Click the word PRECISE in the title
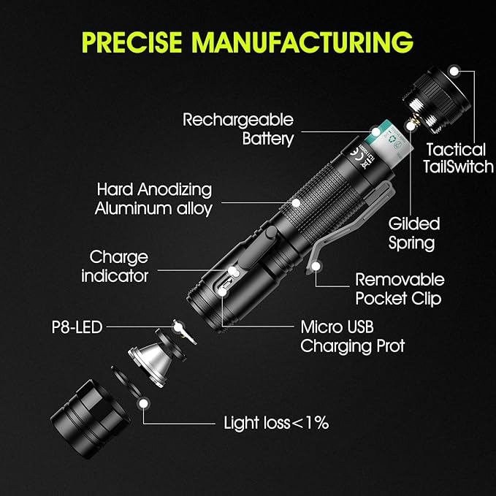131,42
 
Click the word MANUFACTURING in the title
302,42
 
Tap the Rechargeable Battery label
239,129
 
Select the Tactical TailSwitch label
458,159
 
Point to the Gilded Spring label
413,234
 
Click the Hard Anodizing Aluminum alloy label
153,199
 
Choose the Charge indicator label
115,267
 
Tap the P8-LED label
77,327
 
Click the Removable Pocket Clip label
400,289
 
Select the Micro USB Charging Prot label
352,337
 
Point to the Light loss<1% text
276,423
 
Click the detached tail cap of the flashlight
437,99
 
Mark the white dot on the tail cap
454,71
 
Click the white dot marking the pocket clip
316,266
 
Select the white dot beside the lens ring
144,403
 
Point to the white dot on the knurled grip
296,202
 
